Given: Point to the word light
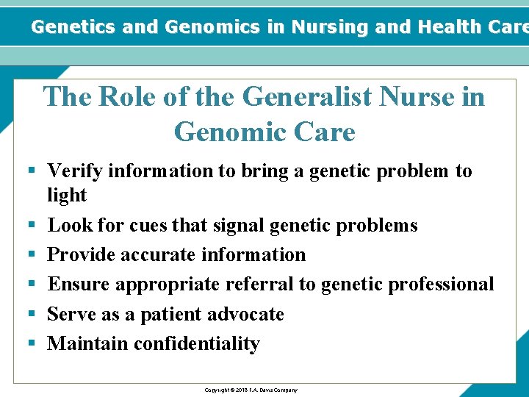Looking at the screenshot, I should [67, 196].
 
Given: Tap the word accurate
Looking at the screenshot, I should [154, 255].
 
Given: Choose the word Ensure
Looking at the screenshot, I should [79, 285].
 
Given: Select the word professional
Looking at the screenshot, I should [434, 285].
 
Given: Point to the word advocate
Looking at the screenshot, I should [247, 315].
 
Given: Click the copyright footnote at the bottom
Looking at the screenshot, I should [251, 390].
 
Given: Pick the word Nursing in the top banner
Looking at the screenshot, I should [330, 27].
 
